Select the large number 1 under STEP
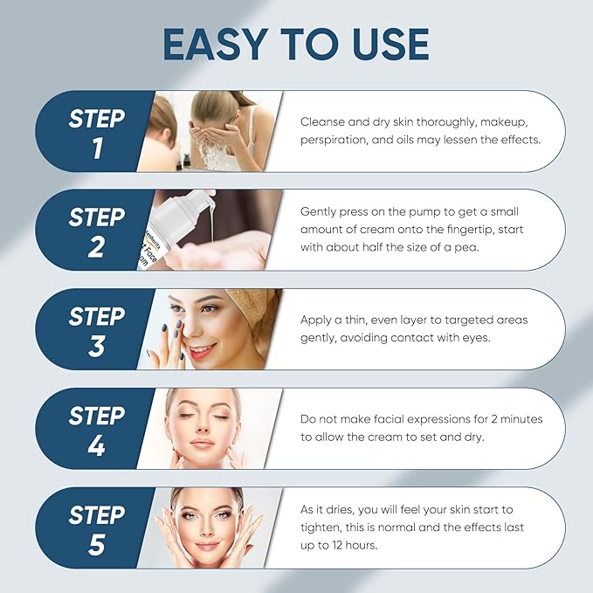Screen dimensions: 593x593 (x=96, y=148)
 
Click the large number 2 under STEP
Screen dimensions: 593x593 (x=96, y=248)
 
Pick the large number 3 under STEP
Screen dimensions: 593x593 (x=96, y=348)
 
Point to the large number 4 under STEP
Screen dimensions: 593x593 (x=96, y=447)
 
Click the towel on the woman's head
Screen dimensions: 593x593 (x=261, y=314)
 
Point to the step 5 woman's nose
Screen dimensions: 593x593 (x=208, y=529)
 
